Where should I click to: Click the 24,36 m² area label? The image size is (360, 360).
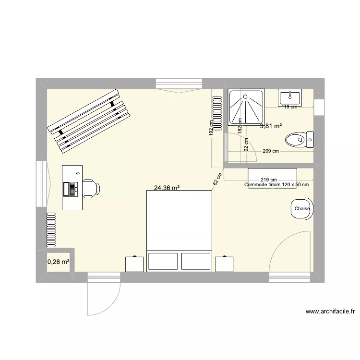click(x=167, y=188)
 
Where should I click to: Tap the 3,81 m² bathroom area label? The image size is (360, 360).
click(x=271, y=127)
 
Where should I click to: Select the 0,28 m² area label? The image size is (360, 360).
click(x=58, y=262)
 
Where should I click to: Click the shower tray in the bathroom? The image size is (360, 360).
click(x=246, y=108)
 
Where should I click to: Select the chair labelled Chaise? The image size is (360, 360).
click(x=302, y=209)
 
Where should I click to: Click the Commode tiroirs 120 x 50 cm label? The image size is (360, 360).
click(x=276, y=185)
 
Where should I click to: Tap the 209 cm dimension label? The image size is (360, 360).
click(x=271, y=152)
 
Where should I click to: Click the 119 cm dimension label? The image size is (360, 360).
click(x=289, y=107)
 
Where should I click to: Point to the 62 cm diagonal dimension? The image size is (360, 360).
click(x=217, y=179)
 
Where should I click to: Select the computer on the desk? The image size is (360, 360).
click(x=70, y=189)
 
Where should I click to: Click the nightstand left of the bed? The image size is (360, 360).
click(x=134, y=264)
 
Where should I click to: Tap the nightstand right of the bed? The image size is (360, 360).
click(x=224, y=264)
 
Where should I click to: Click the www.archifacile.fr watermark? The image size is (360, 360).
click(x=330, y=312)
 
